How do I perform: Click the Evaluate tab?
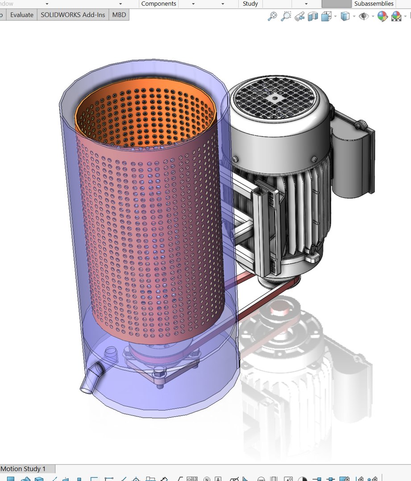point(21,15)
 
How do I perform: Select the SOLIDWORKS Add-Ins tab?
point(73,15)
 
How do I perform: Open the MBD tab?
point(119,15)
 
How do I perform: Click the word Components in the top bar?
point(158,4)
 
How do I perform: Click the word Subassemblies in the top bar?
point(374,4)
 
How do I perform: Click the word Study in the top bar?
point(250,4)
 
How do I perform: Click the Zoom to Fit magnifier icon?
point(272,16)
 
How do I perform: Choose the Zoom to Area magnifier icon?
point(286,16)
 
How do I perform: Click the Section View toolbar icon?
point(313,16)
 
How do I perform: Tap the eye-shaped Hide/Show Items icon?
point(364,16)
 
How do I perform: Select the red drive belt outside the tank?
point(263,307)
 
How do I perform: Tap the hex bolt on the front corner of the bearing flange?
point(160,375)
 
